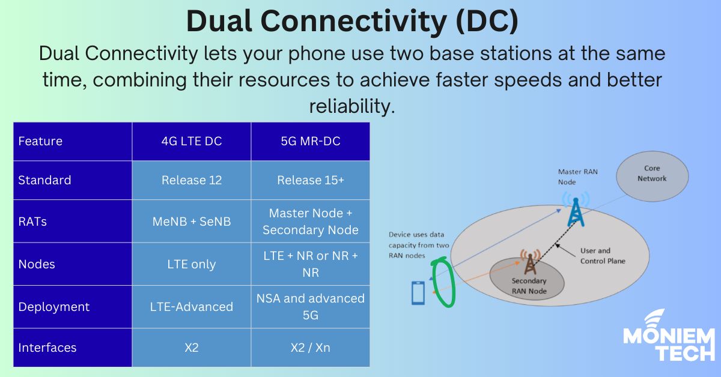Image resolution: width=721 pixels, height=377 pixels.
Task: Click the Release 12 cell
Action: pos(191,180)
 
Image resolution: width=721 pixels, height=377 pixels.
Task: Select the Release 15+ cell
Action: pos(310,180)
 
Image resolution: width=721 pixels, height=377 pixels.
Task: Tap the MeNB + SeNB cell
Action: pos(191,221)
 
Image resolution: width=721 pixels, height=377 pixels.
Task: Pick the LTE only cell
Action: pos(191,264)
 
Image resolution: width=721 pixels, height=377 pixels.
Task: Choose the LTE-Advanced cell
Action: pos(191,307)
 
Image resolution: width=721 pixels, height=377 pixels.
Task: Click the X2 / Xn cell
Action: pos(310,348)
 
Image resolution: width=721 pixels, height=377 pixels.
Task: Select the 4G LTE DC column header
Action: pos(191,142)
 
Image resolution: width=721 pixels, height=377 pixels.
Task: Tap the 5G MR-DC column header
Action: pos(310,142)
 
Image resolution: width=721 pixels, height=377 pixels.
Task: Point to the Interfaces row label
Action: pos(47,348)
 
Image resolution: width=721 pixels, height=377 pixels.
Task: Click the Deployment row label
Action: pos(53,307)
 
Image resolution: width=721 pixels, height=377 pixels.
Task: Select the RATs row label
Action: pos(32,221)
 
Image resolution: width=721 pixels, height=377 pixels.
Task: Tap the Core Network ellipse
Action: pos(652,174)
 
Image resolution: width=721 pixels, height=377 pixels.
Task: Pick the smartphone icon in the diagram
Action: pos(418,292)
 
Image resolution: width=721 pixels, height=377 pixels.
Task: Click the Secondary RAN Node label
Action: pos(529,285)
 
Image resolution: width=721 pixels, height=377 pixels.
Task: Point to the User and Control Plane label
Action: pos(602,256)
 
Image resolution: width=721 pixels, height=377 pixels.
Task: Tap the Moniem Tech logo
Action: pos(668,337)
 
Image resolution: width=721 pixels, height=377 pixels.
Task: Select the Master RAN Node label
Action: pos(577,177)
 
